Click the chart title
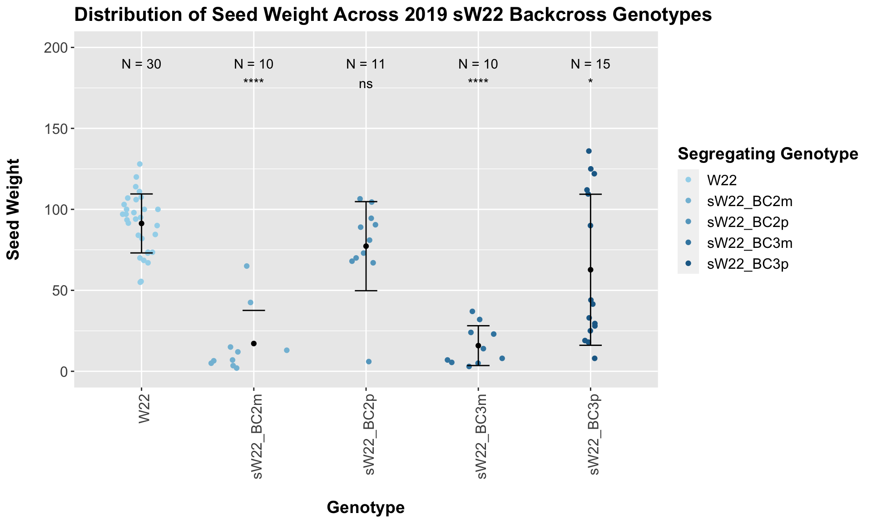coord(392,15)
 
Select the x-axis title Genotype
coord(366,508)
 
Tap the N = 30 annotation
coord(141,64)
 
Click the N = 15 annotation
coord(590,64)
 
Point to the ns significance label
coord(366,84)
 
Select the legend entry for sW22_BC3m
coord(749,243)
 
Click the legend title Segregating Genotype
coord(768,154)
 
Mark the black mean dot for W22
coord(141,223)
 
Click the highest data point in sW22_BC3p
coord(589,151)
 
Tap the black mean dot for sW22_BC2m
coord(254,344)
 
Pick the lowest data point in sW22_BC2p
coord(369,362)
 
